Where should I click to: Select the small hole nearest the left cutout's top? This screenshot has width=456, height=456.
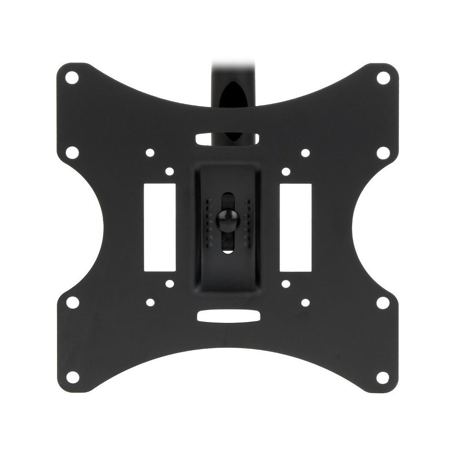tap(169, 172)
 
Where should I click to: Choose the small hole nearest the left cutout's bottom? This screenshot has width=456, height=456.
tap(169, 284)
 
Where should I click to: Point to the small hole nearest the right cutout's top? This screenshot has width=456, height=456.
tap(286, 172)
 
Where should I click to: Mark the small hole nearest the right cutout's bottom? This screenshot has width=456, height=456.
tap(286, 284)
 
